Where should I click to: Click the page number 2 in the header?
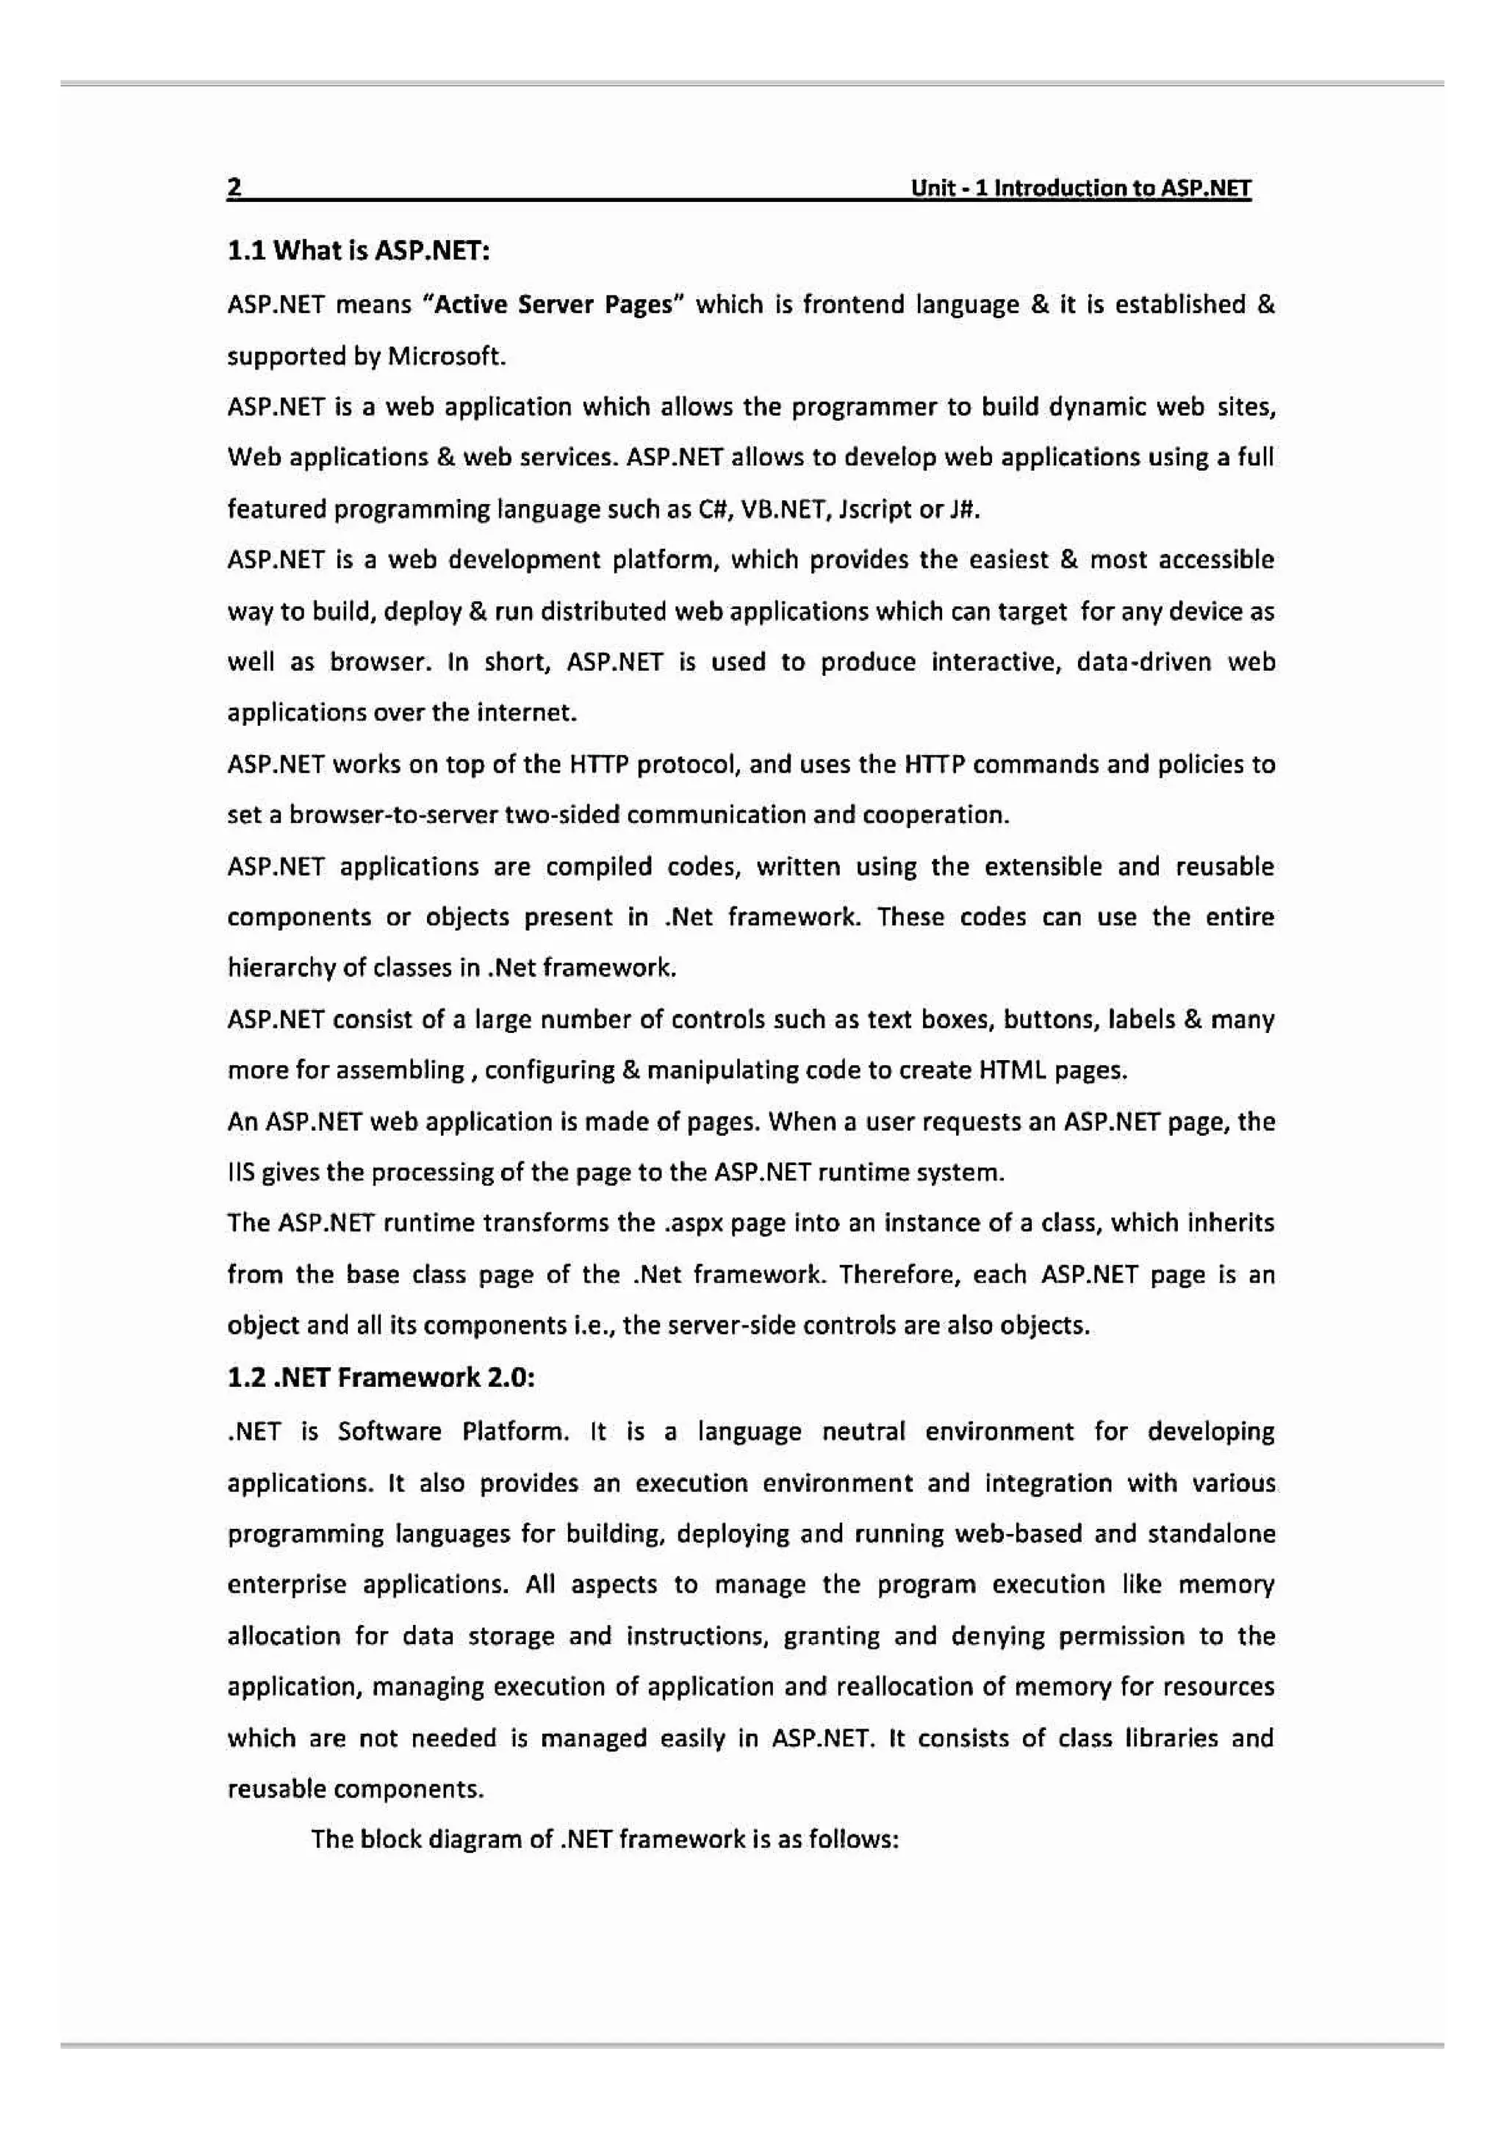click(234, 187)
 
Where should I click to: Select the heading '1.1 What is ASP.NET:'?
click(358, 251)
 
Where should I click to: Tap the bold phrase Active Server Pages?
click(553, 305)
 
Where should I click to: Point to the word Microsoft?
click(446, 356)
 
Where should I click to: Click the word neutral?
click(863, 1432)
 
